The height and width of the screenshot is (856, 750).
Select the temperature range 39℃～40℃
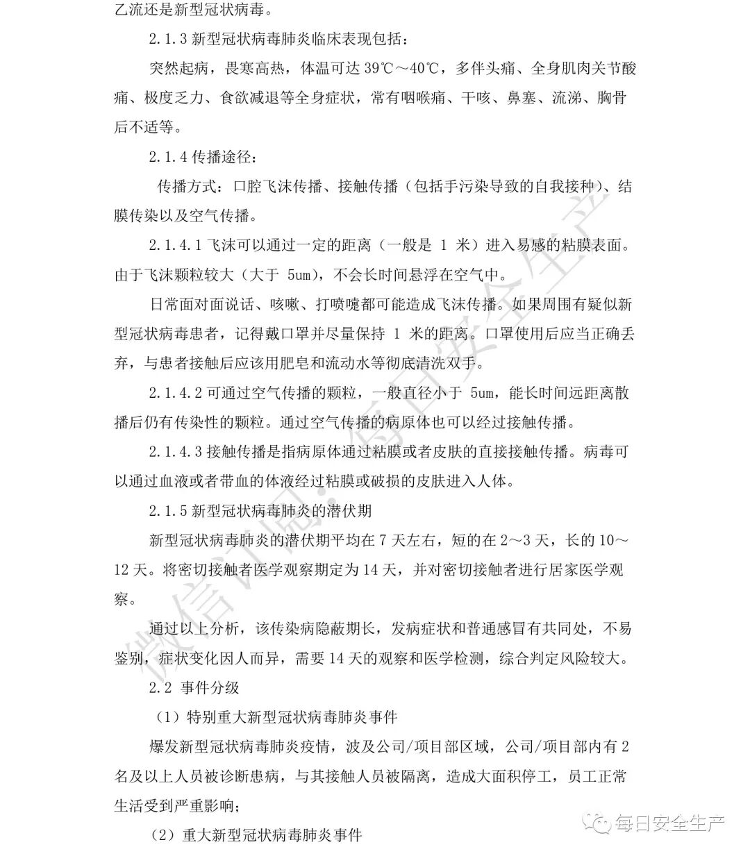(402, 68)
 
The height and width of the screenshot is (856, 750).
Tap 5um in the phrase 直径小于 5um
(483, 393)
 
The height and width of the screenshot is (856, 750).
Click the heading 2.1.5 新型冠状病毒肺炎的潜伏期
(260, 511)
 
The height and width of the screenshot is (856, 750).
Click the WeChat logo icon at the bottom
(598, 825)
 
